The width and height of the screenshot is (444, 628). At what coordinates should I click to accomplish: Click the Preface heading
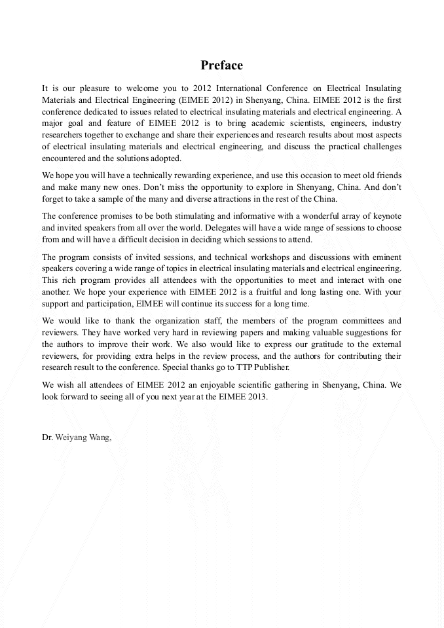click(x=221, y=65)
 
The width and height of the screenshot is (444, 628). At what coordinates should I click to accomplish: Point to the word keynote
click(x=385, y=216)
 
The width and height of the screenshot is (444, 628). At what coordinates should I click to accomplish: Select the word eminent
click(x=386, y=257)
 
